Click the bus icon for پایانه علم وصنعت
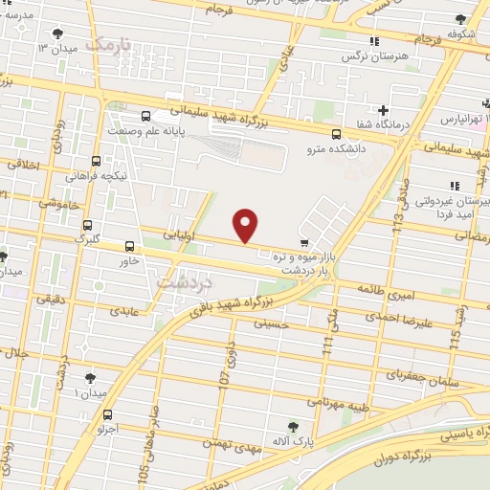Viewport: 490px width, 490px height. (145, 116)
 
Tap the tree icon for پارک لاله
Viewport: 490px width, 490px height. (294, 426)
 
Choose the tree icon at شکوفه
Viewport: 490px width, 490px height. (461, 19)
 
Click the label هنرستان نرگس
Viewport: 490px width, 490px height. (357, 56)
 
